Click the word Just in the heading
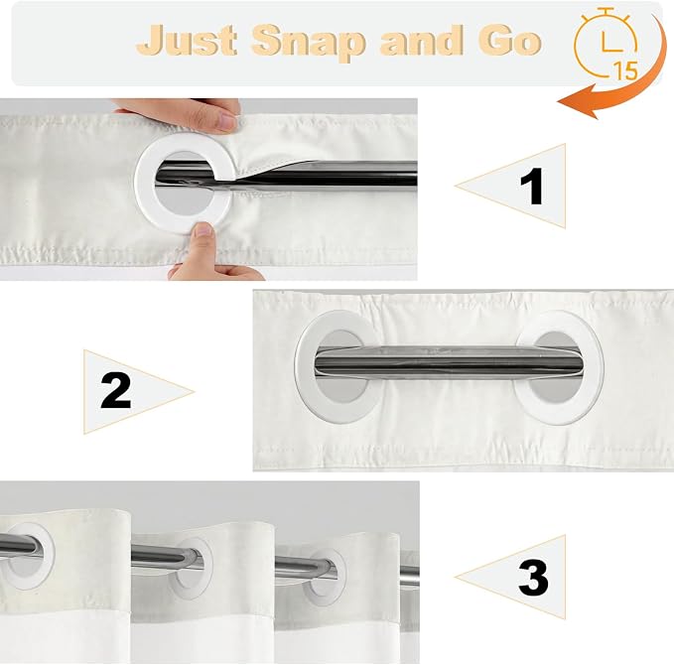187,40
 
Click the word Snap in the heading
308,43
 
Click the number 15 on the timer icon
625,70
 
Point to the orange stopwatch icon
607,44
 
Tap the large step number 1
532,186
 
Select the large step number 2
115,390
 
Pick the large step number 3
533,578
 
